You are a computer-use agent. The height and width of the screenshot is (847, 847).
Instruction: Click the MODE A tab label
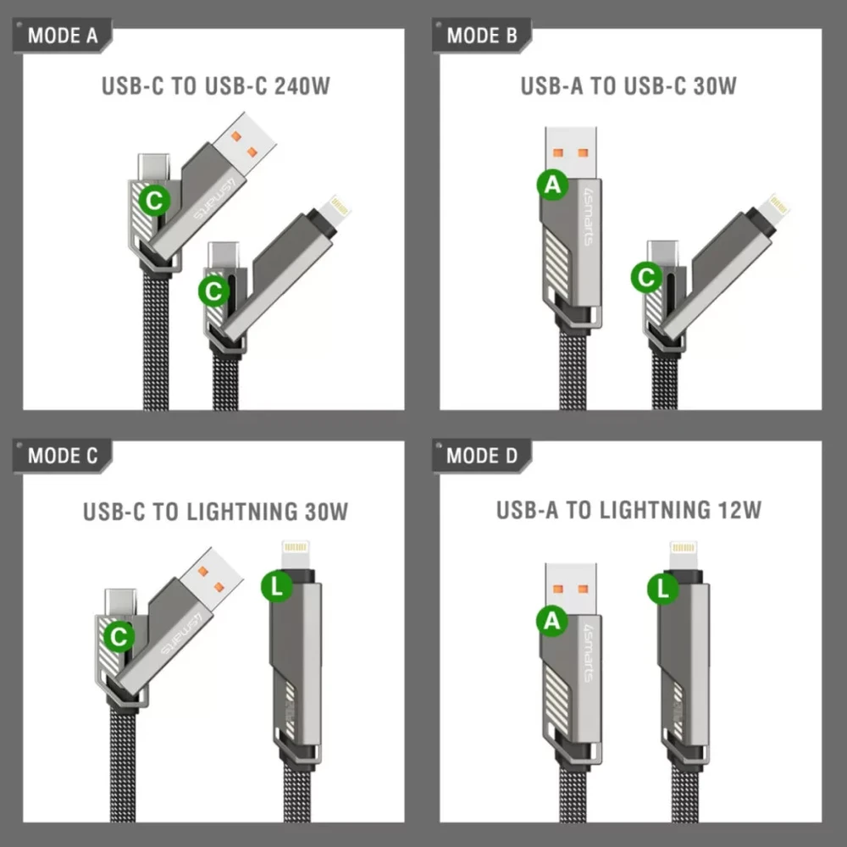coord(63,36)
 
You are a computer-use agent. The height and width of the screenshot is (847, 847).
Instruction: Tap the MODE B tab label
coord(482,36)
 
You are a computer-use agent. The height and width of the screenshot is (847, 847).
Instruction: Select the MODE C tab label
coord(63,456)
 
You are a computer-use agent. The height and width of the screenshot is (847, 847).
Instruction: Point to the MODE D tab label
coord(482,456)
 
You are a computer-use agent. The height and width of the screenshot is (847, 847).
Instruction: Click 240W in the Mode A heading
coord(302,86)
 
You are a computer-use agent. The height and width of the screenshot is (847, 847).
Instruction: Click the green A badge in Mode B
coord(552,185)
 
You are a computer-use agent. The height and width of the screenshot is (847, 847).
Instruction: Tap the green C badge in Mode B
coord(646,278)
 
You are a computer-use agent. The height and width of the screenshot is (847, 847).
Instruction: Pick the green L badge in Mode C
coord(277,587)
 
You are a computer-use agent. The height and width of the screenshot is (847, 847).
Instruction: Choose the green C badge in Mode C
coord(119,636)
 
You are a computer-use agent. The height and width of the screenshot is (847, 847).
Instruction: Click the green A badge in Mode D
coord(552,621)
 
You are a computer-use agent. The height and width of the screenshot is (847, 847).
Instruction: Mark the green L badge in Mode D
coord(663,587)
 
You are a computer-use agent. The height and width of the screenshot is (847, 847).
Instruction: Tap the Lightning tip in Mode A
coord(335,209)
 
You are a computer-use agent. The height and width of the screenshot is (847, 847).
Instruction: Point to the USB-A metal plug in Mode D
coord(571,590)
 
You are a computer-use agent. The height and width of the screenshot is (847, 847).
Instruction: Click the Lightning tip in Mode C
coord(296,555)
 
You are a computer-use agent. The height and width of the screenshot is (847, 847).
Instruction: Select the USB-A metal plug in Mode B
coord(571,153)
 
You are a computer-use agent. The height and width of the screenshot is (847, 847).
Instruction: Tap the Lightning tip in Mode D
coord(684,556)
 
